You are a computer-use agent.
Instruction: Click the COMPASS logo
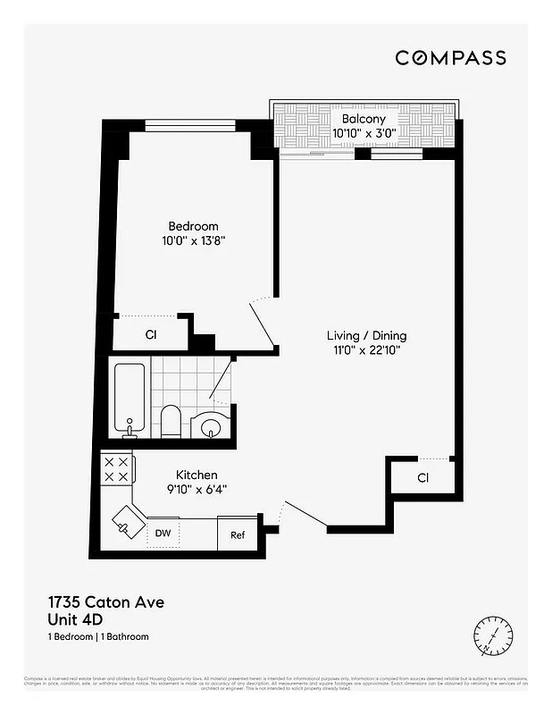pyautogui.click(x=450, y=58)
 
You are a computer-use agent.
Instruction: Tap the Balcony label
pyautogui.click(x=364, y=119)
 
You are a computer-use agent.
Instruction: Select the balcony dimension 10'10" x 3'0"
pyautogui.click(x=364, y=133)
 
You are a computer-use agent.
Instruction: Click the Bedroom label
pyautogui.click(x=194, y=226)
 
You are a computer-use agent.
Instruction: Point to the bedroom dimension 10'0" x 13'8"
pyautogui.click(x=194, y=240)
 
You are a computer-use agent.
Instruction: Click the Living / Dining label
pyautogui.click(x=365, y=335)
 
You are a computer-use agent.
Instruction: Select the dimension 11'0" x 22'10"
pyautogui.click(x=365, y=349)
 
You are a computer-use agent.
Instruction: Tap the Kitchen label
pyautogui.click(x=197, y=475)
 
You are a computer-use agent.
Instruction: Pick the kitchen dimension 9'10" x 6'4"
pyautogui.click(x=197, y=489)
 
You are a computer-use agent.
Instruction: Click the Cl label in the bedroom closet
pyautogui.click(x=151, y=335)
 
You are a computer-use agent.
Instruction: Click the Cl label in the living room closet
pyautogui.click(x=422, y=478)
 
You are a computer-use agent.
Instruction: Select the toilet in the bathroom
pyautogui.click(x=171, y=422)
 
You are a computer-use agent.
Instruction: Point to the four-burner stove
pyautogui.click(x=116, y=469)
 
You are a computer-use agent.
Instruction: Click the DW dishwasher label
pyautogui.click(x=163, y=534)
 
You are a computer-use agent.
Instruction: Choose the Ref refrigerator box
pyautogui.click(x=238, y=534)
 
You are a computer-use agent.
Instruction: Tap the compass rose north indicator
pyautogui.click(x=493, y=635)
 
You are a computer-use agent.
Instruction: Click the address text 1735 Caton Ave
pyautogui.click(x=105, y=602)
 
